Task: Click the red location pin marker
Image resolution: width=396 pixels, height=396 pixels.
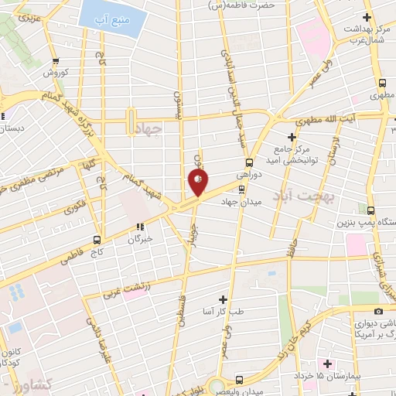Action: [198, 183]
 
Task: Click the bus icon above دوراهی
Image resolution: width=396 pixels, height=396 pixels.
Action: [248, 162]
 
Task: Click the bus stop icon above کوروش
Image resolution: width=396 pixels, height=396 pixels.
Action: [55, 61]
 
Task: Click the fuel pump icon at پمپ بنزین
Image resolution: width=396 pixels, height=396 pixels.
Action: [372, 210]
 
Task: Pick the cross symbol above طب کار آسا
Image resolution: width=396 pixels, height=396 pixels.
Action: [223, 299]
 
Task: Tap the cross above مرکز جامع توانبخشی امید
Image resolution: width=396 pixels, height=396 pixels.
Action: [291, 136]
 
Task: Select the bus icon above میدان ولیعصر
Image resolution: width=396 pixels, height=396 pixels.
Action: [238, 379]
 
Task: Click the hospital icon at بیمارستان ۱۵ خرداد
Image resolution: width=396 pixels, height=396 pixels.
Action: [327, 363]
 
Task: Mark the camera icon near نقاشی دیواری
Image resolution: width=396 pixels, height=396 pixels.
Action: [376, 299]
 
